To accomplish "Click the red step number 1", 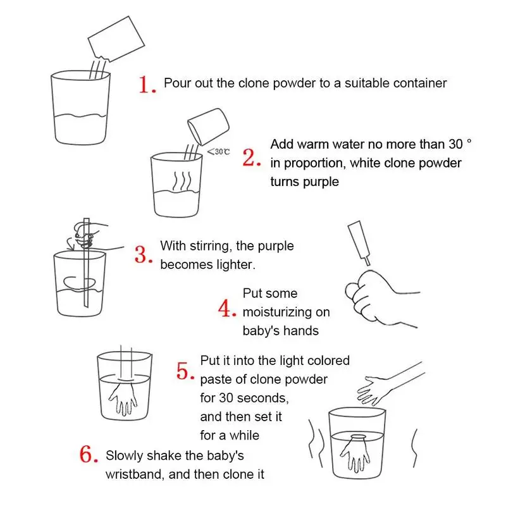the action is coord(147,85).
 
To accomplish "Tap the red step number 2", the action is coord(251,157).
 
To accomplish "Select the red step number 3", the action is coord(144,255).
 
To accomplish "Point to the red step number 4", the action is coord(226,308).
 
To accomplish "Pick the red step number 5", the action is coord(185,371).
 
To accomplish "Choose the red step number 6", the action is coord(89,454).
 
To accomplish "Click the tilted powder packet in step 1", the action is coord(116,39).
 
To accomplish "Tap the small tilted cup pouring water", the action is coord(209,126).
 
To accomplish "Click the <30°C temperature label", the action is coord(218,152).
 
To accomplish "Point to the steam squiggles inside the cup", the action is coord(182,181).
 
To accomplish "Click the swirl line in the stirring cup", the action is coord(80,283).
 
